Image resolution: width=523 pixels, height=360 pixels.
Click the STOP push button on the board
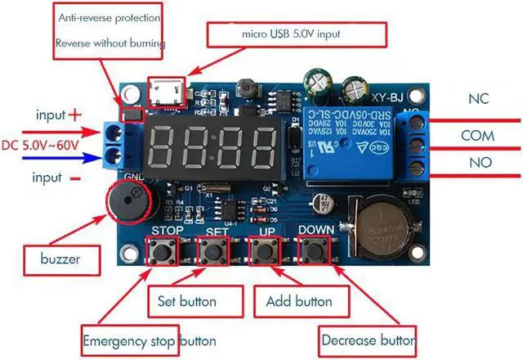tap(163, 251)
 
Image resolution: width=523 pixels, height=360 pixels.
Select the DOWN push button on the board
tap(315, 251)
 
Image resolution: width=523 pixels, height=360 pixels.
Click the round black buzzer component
tap(128, 202)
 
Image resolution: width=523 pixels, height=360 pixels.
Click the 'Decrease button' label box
tap(367, 338)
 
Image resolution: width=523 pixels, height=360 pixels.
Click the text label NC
tap(478, 99)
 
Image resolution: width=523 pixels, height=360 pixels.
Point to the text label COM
tap(478, 134)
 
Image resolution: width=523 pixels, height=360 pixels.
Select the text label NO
tap(480, 162)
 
